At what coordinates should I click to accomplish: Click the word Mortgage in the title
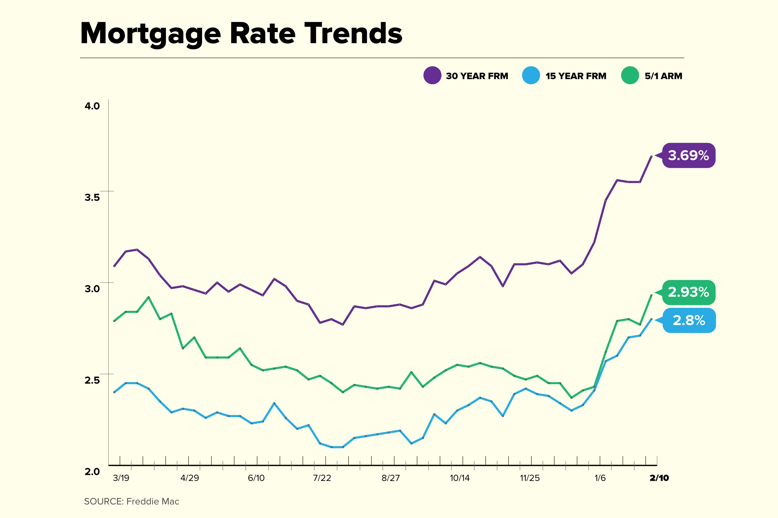(x=150, y=34)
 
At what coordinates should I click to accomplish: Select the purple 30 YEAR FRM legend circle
(x=432, y=75)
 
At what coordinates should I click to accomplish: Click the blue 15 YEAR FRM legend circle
(x=531, y=75)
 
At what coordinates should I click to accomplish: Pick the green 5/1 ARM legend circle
(x=630, y=75)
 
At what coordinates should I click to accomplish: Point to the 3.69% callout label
(x=689, y=155)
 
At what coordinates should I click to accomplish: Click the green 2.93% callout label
(x=689, y=292)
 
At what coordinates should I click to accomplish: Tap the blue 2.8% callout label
(x=689, y=321)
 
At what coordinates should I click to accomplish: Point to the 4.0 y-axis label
(x=92, y=106)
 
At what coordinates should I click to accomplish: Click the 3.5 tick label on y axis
(x=92, y=197)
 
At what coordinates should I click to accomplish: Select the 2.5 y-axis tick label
(x=92, y=380)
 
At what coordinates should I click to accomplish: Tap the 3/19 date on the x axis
(x=121, y=478)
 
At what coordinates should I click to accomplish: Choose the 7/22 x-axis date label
(x=322, y=478)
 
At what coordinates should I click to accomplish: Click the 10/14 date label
(x=460, y=478)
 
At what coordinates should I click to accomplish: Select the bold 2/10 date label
(x=659, y=478)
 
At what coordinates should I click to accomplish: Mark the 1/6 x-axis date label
(x=600, y=478)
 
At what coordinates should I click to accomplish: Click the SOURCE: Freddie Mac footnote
(x=132, y=502)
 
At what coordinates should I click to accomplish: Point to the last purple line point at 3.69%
(x=651, y=156)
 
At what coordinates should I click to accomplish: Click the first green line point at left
(x=114, y=321)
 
